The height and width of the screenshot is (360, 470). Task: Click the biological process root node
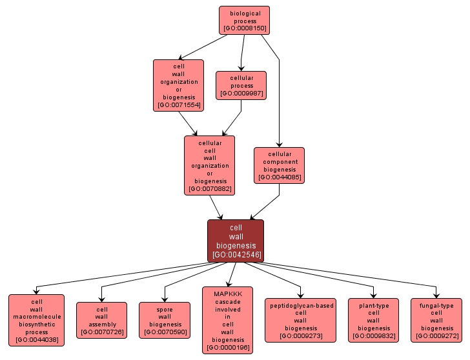point(244,20)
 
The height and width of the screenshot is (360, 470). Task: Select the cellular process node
point(241,85)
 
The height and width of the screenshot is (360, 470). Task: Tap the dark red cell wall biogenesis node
point(236,241)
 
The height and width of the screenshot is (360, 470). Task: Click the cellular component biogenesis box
point(279,165)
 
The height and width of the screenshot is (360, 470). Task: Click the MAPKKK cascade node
point(228,320)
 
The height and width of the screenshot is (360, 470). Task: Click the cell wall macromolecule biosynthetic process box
point(37,320)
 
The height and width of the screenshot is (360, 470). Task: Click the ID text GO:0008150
point(244,28)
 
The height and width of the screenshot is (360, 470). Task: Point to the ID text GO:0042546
point(236,254)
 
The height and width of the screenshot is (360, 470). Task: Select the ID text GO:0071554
point(178,105)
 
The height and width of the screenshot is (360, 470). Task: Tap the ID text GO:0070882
point(209,189)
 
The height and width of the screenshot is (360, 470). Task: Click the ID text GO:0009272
point(436,336)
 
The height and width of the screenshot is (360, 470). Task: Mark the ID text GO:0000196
point(228,348)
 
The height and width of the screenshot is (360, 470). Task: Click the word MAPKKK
point(228,293)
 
